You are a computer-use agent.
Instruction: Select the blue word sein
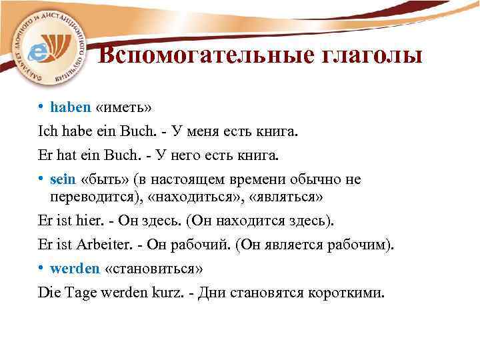pyautogui.click(x=63, y=179)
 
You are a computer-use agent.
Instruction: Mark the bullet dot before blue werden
pyautogui.click(x=41, y=268)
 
